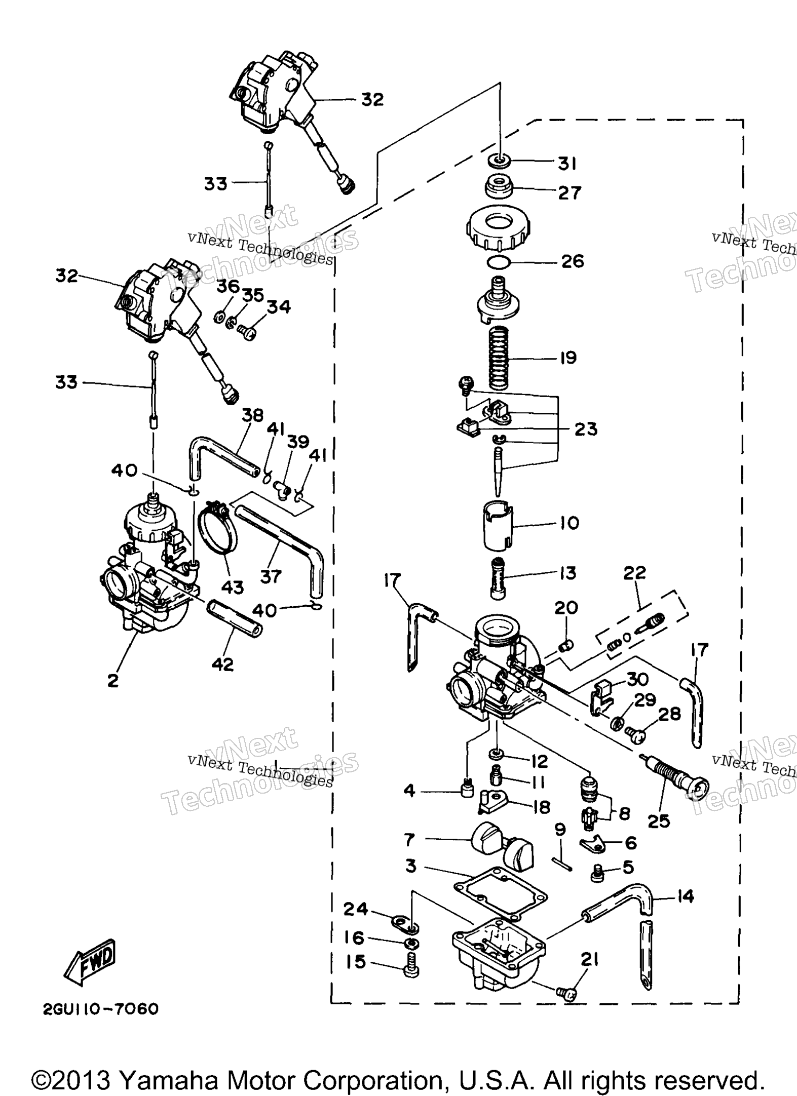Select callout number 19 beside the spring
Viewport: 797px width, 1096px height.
coord(568,358)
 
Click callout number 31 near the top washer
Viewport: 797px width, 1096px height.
coord(567,164)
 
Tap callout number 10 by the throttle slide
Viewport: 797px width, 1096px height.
coord(570,522)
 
